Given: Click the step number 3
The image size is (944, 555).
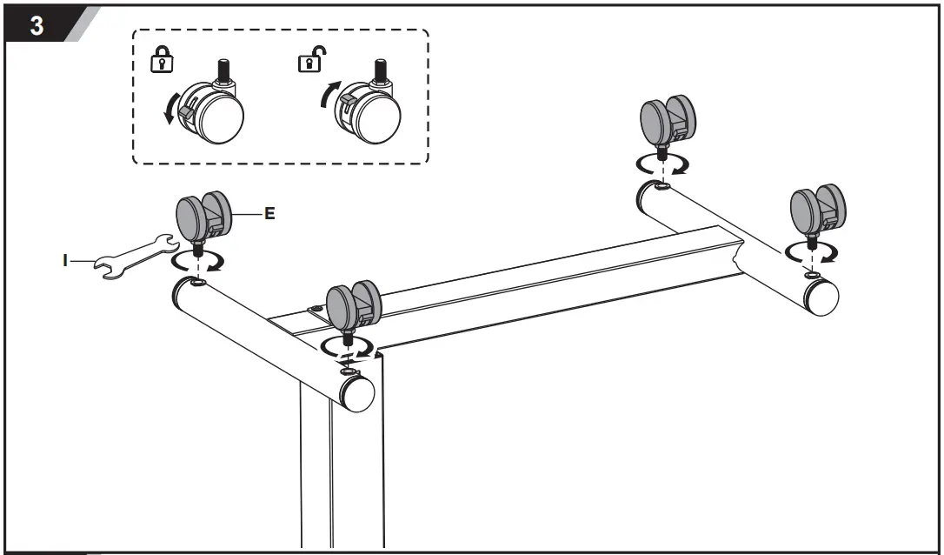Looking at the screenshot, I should click(37, 25).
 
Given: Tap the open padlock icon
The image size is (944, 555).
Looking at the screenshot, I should click(308, 61).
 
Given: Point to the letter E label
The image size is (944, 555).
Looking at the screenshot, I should click(269, 213).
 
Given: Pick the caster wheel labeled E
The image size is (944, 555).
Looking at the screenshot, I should click(203, 216).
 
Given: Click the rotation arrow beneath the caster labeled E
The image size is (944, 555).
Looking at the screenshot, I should click(198, 261).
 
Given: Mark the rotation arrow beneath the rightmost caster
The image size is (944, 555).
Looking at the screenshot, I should click(810, 253).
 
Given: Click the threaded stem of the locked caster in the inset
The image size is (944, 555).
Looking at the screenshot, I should click(223, 68).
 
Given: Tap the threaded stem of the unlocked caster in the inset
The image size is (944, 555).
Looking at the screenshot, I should click(379, 69).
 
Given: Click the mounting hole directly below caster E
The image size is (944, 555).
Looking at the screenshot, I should click(197, 284).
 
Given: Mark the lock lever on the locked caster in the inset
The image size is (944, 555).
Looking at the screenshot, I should click(185, 111).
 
